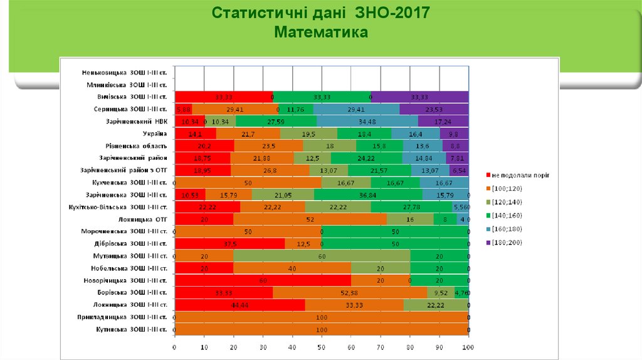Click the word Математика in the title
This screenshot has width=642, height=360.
(321, 31)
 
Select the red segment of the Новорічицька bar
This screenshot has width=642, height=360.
(263, 280)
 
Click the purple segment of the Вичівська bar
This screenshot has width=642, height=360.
(420, 97)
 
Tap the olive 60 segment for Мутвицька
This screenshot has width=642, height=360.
(322, 256)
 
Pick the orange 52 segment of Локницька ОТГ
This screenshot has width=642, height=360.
(310, 219)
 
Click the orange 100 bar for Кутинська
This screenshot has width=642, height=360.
(322, 329)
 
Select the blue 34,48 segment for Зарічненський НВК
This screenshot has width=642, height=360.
(367, 121)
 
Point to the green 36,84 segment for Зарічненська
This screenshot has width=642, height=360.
(368, 194)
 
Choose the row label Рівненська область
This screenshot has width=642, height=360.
(137, 146)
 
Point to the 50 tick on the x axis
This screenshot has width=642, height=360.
(322, 347)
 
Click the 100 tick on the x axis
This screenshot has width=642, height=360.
(468, 347)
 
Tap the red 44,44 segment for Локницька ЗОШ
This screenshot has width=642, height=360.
(239, 305)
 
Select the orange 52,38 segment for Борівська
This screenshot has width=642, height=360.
(350, 293)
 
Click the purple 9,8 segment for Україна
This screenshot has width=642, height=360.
(455, 133)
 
